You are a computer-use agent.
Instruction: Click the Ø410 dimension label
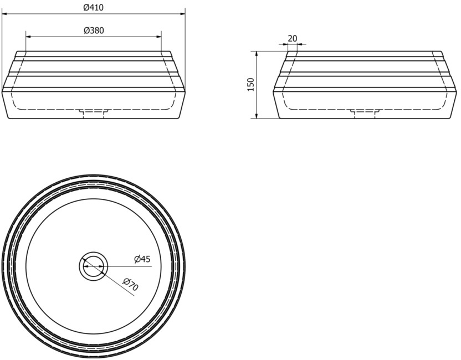(94, 7)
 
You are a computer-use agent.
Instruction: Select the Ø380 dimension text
(94, 30)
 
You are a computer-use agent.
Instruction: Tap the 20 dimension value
(293, 38)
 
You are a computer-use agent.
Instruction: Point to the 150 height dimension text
(251, 85)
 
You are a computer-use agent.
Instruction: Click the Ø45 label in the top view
(142, 259)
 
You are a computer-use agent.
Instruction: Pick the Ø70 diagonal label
(131, 284)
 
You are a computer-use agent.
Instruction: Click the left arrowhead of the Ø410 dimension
(4, 13)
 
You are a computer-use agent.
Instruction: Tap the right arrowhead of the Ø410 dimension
(183, 13)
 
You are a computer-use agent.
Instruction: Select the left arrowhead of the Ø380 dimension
(28, 37)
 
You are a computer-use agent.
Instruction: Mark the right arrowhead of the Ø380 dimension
(159, 37)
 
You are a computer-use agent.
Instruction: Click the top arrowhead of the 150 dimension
(257, 54)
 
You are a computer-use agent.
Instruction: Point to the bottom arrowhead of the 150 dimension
(257, 116)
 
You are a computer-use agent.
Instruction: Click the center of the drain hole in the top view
(94, 266)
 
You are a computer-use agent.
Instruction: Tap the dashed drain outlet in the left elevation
(94, 114)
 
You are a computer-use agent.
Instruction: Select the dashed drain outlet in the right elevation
(365, 114)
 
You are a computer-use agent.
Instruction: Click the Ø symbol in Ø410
(86, 7)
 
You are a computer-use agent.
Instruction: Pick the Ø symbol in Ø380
(86, 30)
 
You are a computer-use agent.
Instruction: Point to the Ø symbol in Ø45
(137, 259)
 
